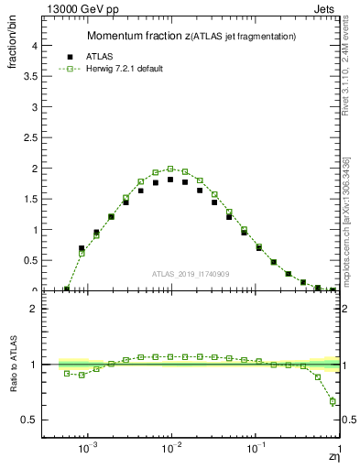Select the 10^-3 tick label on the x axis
pos(88,450)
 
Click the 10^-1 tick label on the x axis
pos(256,450)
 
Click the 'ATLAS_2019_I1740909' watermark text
pos(190,274)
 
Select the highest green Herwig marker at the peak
pos(170,169)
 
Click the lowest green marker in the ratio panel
pos(333,401)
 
